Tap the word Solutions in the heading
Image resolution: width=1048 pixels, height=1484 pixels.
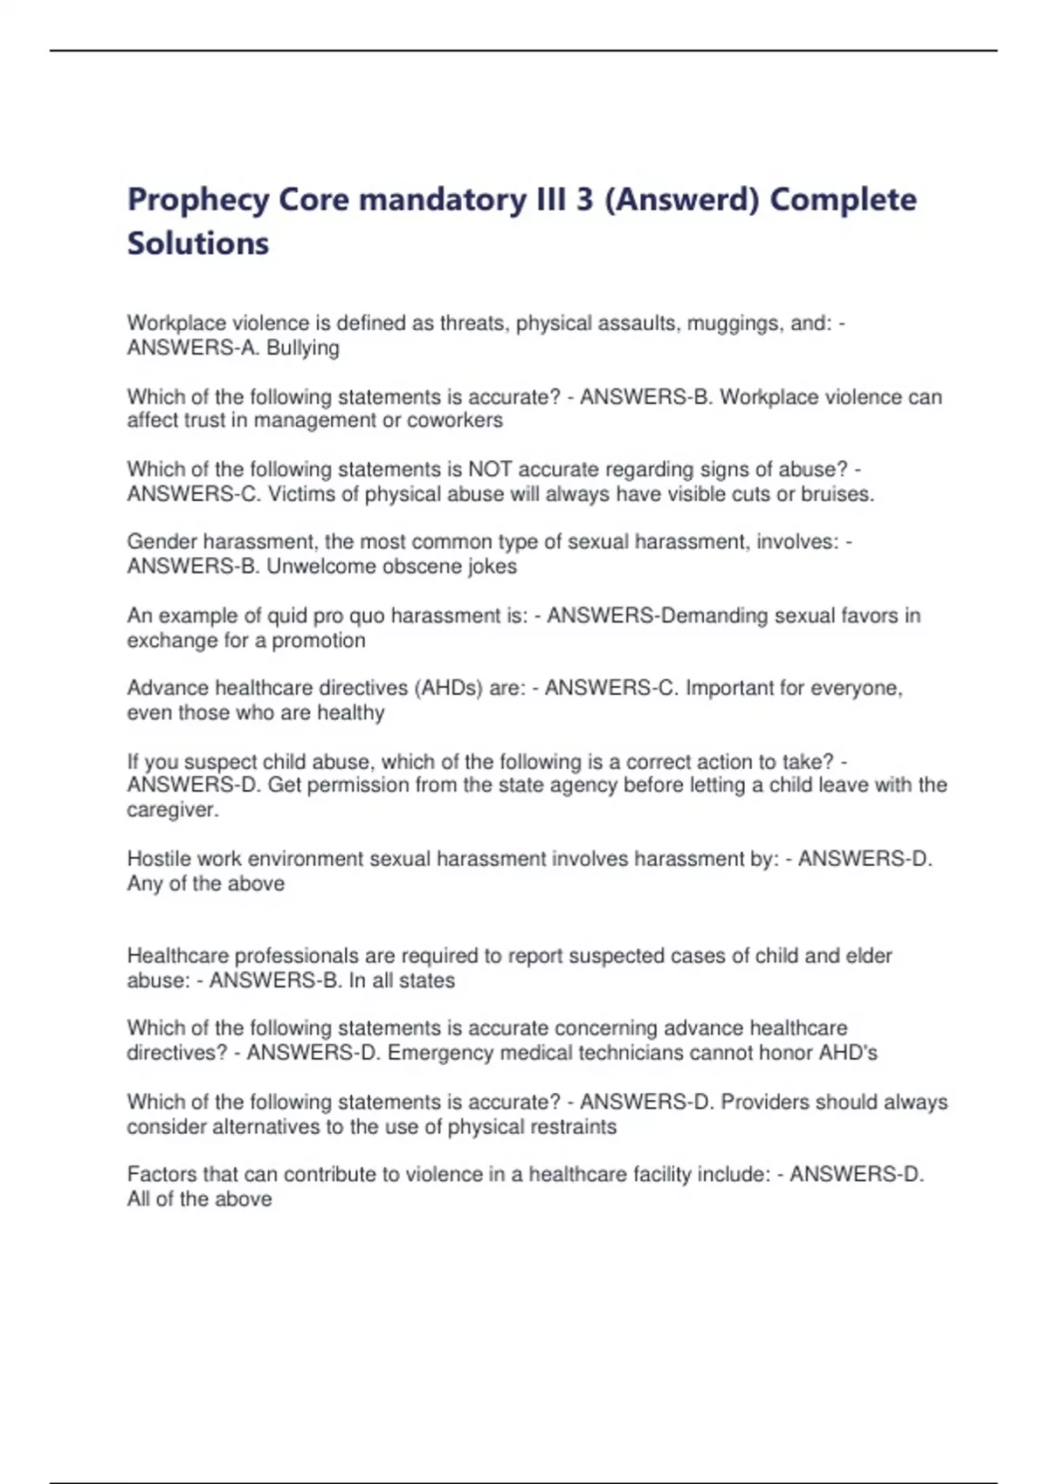point(198,244)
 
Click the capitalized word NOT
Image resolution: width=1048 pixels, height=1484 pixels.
point(490,470)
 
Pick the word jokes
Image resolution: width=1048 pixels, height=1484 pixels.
point(493,567)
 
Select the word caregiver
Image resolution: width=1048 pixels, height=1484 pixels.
point(172,810)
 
